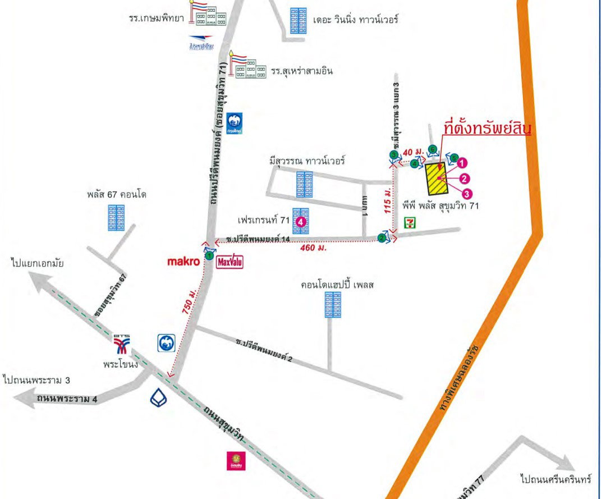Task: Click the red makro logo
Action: coord(184,262)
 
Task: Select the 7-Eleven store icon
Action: coord(412,221)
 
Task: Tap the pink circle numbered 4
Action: coord(301,222)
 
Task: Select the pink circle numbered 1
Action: coord(462,163)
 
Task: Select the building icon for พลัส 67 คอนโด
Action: coord(116,218)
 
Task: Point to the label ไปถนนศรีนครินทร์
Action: coord(556,480)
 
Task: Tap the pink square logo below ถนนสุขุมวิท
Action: coord(233,461)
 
